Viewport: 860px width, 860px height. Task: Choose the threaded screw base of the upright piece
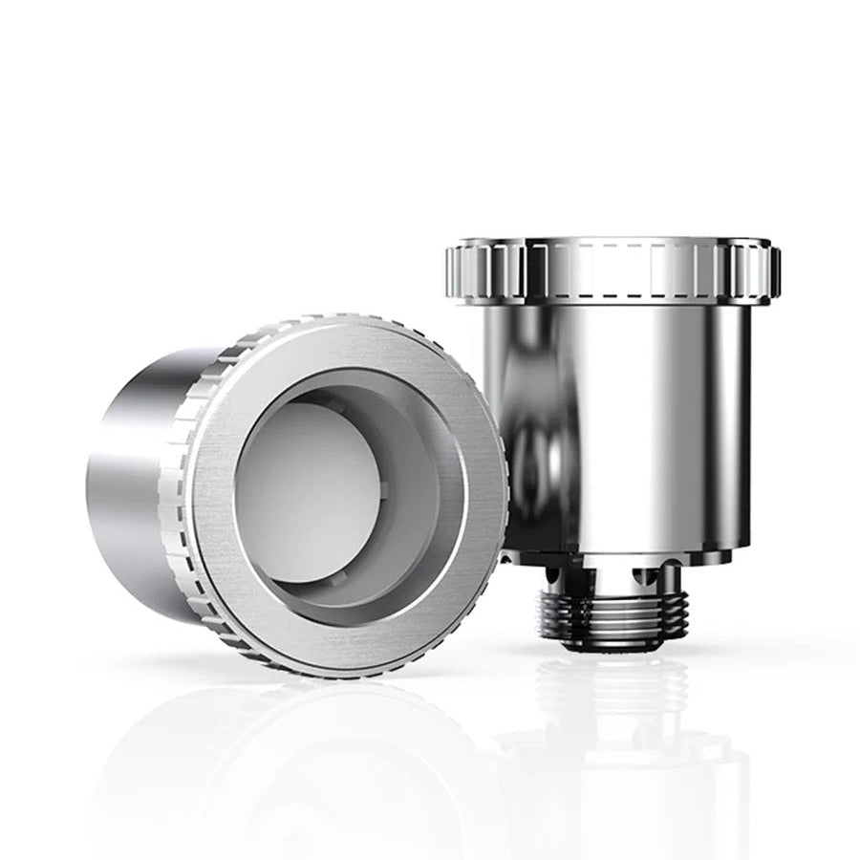(x=613, y=612)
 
